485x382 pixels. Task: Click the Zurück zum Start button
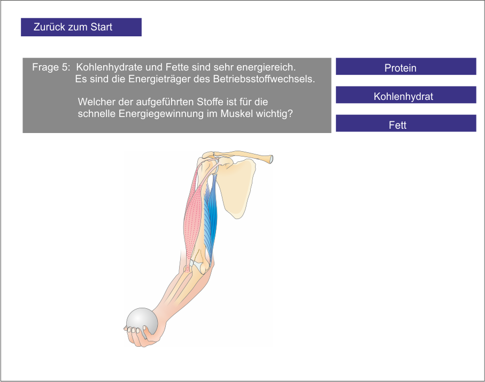81,27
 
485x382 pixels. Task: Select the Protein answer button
405,67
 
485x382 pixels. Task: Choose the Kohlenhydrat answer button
405,95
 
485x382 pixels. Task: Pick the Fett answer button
405,124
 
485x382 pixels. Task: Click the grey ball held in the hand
142,320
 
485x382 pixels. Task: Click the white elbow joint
198,264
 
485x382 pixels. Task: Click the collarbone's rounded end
271,159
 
